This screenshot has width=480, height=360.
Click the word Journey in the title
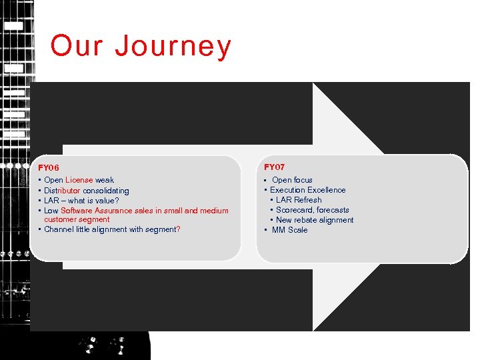pyautogui.click(x=173, y=47)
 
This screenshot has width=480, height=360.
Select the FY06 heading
pyautogui.click(x=49, y=168)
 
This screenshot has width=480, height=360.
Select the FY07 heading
pyautogui.click(x=274, y=167)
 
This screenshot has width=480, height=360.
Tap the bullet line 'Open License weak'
pyautogui.click(x=79, y=180)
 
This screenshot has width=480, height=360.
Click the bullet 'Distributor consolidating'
pyautogui.click(x=86, y=191)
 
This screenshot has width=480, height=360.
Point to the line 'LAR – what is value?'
pyautogui.click(x=81, y=201)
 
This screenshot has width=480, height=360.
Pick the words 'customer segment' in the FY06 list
pyautogui.click(x=77, y=219)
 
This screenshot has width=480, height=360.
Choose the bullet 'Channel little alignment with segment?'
pyautogui.click(x=111, y=229)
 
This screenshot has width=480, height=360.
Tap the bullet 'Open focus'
pyautogui.click(x=292, y=180)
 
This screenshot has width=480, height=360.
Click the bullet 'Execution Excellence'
pyautogui.click(x=307, y=190)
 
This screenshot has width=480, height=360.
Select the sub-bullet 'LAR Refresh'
pyautogui.click(x=299, y=200)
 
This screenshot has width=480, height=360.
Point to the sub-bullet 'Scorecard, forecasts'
pyautogui.click(x=312, y=210)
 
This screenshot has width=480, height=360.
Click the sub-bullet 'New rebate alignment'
pyautogui.click(x=315, y=220)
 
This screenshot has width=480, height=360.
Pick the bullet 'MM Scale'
pyautogui.click(x=289, y=230)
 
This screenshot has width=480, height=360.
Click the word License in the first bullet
pyautogui.click(x=79, y=180)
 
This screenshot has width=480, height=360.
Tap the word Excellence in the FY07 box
pyautogui.click(x=326, y=190)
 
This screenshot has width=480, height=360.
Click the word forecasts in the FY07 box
pyautogui.click(x=333, y=210)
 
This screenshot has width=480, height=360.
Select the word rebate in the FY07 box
pyautogui.click(x=307, y=220)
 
